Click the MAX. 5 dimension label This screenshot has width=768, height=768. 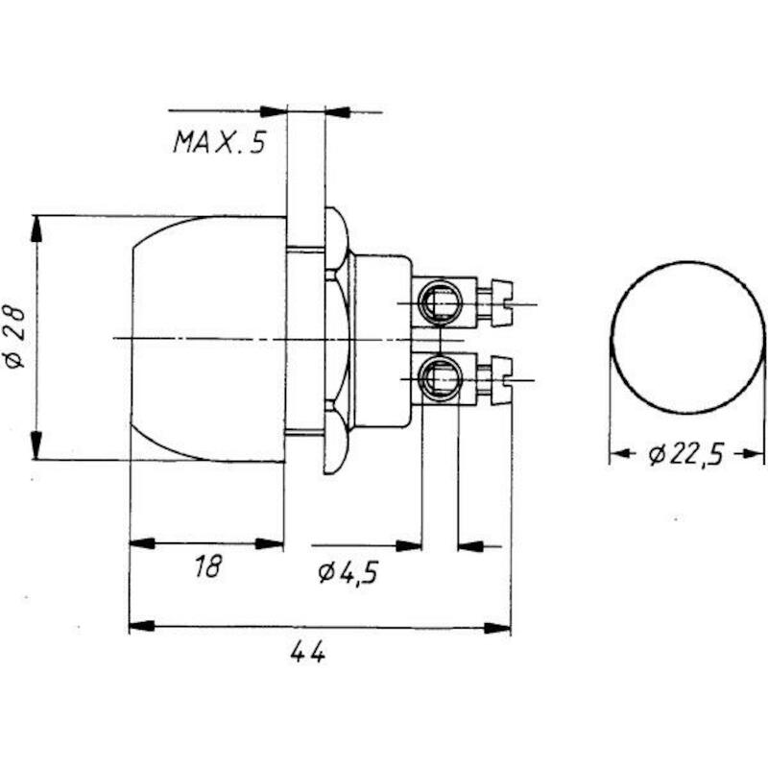(219, 142)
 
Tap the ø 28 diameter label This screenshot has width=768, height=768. (14, 337)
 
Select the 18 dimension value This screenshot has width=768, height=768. (207, 566)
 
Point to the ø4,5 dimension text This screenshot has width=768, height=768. (348, 572)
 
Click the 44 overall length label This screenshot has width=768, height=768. (307, 652)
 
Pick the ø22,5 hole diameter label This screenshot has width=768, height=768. (685, 454)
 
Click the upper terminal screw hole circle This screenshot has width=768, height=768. (440, 302)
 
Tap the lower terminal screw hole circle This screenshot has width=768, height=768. (441, 377)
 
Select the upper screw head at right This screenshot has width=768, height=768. (501, 302)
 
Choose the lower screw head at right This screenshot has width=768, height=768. (501, 380)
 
